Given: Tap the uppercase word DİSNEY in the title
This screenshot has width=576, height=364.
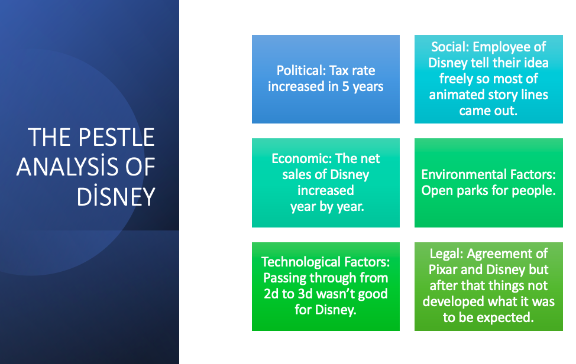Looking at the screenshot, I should click(115, 197).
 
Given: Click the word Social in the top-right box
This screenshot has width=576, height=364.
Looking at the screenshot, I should click(451, 47).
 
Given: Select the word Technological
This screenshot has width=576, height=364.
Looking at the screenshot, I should click(302, 262).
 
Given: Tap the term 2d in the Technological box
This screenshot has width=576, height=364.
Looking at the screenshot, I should click(273, 294).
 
